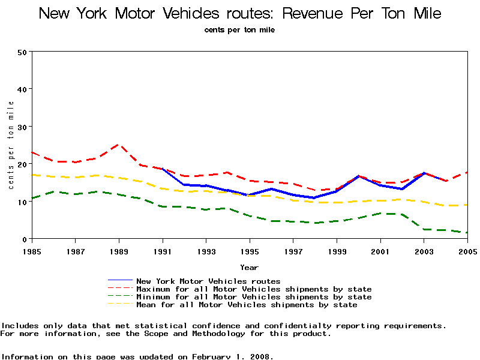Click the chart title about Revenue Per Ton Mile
point(240,13)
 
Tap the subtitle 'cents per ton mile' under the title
point(240,29)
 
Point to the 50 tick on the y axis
point(23,52)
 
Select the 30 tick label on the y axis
point(23,127)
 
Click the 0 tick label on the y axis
point(25,239)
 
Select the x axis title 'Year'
point(249,267)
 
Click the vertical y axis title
point(11,145)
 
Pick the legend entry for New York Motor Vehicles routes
point(208,281)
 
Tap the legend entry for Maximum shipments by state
point(254,289)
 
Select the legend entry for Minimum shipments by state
point(254,297)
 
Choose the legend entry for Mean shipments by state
point(247,305)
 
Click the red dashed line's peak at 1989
point(119,145)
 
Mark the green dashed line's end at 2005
point(466,233)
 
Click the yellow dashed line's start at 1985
point(32,175)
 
